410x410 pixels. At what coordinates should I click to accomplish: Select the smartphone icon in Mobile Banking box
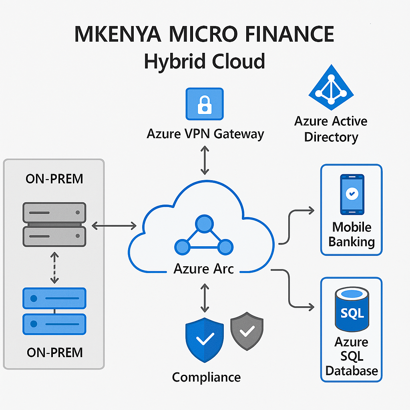(x=352, y=195)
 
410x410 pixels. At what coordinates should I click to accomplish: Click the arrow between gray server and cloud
(x=114, y=226)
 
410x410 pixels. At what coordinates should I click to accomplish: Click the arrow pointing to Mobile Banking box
(x=296, y=224)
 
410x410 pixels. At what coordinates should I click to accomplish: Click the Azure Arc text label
(x=203, y=268)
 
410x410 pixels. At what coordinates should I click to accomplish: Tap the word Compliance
(x=206, y=377)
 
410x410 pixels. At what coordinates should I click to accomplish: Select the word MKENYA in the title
(x=118, y=35)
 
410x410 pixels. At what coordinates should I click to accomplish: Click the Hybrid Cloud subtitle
(x=204, y=62)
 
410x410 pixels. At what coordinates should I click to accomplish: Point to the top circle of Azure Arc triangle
(x=205, y=223)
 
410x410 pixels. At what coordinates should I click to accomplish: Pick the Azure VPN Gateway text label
(x=205, y=134)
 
